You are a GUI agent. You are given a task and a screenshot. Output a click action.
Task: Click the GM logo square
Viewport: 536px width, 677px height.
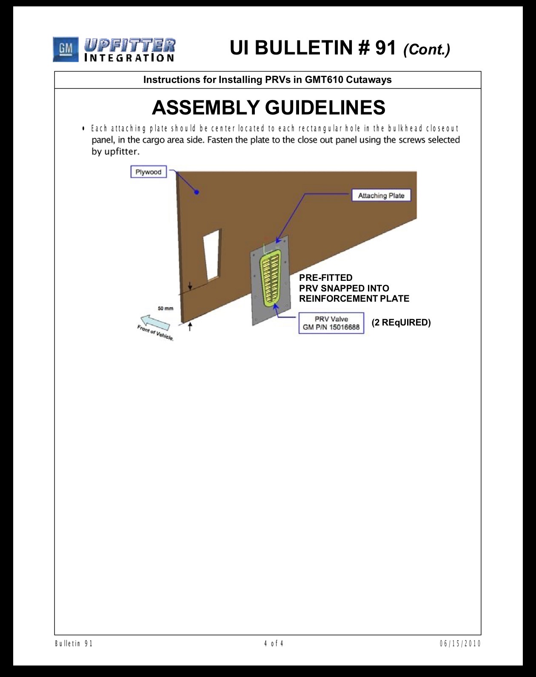pos(66,49)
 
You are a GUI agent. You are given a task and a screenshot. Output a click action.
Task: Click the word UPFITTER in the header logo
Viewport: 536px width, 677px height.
pos(129,45)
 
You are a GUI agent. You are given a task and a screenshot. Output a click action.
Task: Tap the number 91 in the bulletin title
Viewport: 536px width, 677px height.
pos(385,48)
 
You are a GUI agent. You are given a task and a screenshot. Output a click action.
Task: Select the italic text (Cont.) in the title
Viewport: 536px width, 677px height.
pos(427,49)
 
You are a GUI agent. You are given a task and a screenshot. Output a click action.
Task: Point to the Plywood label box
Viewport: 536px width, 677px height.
pos(148,172)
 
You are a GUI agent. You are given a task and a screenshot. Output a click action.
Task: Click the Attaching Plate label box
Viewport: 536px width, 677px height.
pos(381,195)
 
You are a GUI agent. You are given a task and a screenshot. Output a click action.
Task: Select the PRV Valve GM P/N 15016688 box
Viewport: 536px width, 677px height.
pos(331,323)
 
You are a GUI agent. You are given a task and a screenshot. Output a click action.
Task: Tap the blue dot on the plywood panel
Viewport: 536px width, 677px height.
pos(197,192)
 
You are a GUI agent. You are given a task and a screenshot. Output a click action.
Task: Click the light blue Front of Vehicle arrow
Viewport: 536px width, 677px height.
pos(155,323)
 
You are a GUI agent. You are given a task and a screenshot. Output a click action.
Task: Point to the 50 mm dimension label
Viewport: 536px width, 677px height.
pos(165,309)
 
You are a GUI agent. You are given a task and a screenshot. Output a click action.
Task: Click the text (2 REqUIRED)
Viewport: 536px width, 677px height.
pos(401,323)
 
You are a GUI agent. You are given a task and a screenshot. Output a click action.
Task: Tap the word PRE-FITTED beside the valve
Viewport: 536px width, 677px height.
pos(325,278)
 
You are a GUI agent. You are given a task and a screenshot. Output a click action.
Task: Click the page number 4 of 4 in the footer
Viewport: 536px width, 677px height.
pos(274,643)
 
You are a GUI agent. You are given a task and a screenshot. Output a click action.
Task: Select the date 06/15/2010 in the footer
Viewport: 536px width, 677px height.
pos(460,644)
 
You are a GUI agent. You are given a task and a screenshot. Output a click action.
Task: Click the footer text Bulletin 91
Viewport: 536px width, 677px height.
pos(74,644)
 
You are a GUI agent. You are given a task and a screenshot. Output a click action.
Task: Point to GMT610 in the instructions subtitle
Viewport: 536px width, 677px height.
pos(324,80)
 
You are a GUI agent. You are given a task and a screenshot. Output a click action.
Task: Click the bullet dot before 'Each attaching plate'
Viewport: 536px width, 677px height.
pos(83,129)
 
